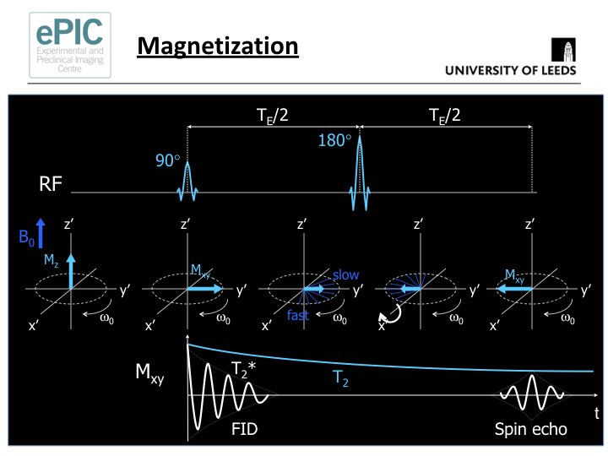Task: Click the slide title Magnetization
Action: tap(218, 45)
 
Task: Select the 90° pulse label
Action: tap(167, 159)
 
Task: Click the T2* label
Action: tap(245, 367)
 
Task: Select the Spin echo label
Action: tap(529, 429)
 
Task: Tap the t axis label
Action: tap(596, 414)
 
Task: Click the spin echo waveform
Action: tap(531, 395)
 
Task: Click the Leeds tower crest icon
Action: tap(564, 50)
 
